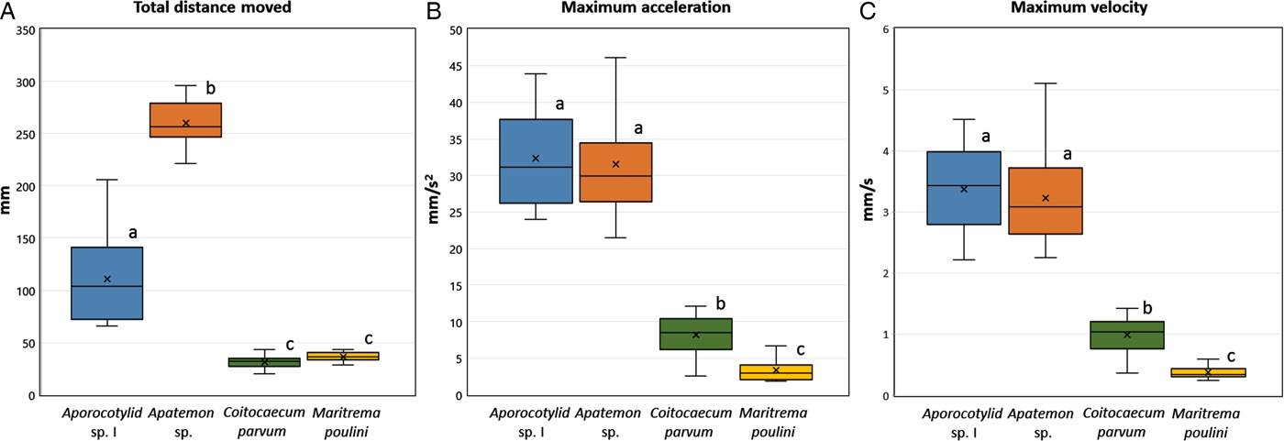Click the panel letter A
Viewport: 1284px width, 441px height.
(x=9, y=12)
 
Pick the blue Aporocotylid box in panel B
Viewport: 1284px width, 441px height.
(x=536, y=161)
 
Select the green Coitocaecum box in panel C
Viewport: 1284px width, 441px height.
(x=1126, y=336)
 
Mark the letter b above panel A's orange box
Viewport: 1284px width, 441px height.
(x=211, y=89)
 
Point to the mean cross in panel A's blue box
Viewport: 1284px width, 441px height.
(x=107, y=279)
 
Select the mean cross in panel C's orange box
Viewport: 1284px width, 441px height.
(x=1045, y=198)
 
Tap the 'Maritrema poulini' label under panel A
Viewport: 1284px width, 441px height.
(x=344, y=422)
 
